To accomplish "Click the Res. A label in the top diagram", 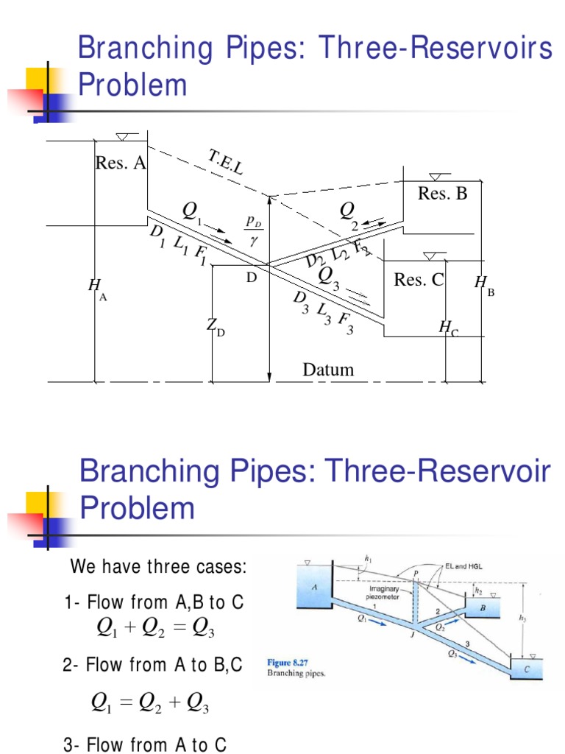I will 121,163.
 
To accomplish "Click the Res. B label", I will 443,194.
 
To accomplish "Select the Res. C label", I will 419,280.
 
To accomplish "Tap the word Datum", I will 328,370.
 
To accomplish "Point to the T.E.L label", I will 224,164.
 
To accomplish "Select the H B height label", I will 483,283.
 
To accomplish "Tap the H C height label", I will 449,328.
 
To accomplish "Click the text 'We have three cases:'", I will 158,568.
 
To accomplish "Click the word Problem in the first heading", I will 132,85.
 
